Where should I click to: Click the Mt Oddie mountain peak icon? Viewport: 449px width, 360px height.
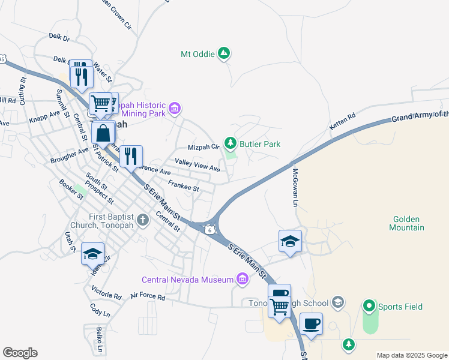[x=224, y=53]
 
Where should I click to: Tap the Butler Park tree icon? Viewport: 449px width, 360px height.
[x=230, y=143]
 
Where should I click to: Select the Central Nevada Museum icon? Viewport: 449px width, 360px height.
[x=243, y=279]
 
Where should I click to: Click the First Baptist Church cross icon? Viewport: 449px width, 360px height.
[x=143, y=220]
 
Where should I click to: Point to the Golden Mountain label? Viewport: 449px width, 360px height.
[x=406, y=223]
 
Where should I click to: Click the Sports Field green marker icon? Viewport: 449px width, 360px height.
[x=369, y=307]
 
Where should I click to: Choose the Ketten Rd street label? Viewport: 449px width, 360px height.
[x=343, y=121]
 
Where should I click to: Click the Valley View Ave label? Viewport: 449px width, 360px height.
[x=197, y=165]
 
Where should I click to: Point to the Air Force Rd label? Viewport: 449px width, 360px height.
[x=150, y=295]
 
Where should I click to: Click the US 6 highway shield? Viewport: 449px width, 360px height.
[x=208, y=230]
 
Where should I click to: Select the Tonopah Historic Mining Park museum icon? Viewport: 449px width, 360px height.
[x=175, y=109]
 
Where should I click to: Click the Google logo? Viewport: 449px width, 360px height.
[x=20, y=353]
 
